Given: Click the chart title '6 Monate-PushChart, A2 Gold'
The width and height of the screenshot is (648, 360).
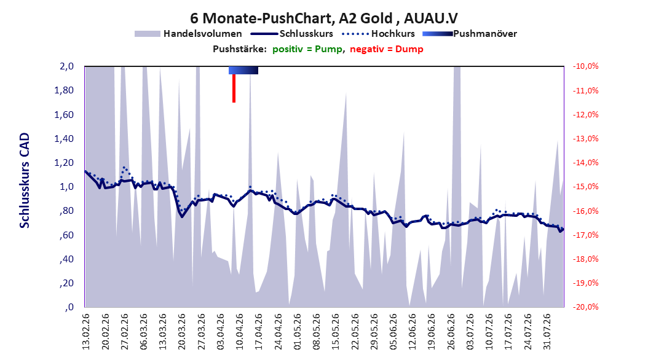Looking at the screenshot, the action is [291, 18].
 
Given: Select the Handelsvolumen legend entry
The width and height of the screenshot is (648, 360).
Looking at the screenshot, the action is [188, 34].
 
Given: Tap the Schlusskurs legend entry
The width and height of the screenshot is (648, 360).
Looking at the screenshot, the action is [292, 34].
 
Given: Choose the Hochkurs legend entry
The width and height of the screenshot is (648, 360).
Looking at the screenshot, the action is [378, 34].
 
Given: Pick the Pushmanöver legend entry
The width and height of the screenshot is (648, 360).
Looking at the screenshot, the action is [470, 34].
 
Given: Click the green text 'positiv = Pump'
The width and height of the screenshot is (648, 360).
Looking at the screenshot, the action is [307, 49].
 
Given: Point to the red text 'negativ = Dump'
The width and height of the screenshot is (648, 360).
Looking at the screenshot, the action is [387, 49].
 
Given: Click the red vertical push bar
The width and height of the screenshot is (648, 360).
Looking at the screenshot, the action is [234, 88].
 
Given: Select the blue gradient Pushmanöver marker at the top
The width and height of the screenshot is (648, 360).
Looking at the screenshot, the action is [243, 70].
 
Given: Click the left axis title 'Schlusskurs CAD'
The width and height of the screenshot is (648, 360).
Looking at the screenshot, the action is [25, 181].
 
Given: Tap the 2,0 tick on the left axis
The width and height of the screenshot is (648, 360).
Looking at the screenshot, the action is [66, 66].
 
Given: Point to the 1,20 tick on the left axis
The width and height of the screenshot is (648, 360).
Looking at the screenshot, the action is [64, 163].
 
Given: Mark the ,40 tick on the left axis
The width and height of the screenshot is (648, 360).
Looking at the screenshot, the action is [67, 259].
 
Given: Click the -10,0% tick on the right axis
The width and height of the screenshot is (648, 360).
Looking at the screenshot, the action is [585, 66].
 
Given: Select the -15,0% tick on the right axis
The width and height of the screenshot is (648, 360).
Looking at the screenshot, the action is [585, 187].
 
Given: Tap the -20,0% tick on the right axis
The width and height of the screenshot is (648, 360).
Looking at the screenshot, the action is [585, 307].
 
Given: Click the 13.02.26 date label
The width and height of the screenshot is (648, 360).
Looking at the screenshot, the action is [86, 332].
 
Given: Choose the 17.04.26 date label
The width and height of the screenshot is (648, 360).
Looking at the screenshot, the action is [259, 332].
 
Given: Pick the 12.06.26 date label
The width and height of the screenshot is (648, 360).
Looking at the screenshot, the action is [413, 332].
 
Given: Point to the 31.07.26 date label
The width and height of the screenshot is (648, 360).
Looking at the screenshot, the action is [547, 332].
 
